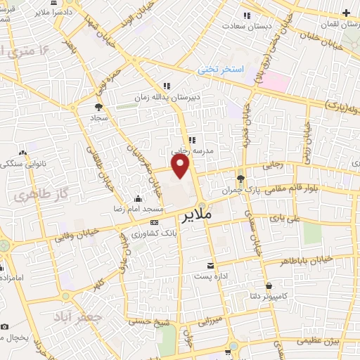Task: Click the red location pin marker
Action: point(181,166)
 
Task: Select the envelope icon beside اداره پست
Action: point(211,265)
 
